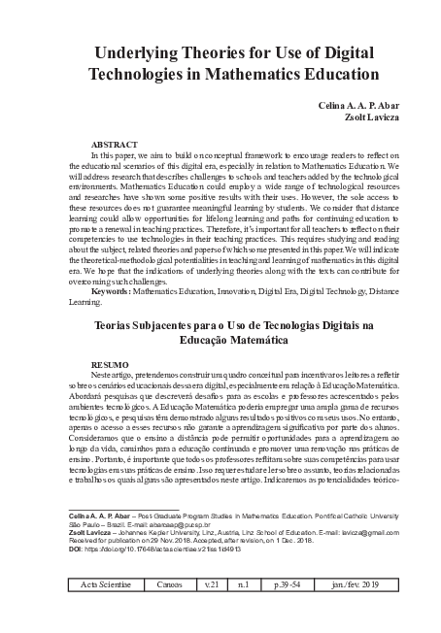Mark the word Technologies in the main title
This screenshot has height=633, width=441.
(x=143, y=75)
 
